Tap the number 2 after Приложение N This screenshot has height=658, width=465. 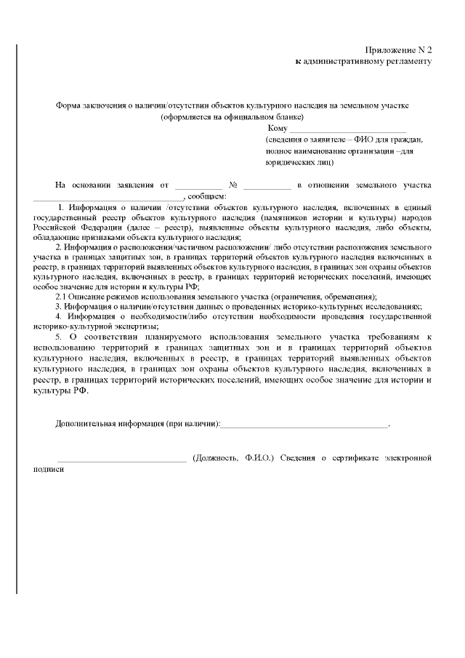429,49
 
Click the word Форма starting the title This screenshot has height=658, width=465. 69,105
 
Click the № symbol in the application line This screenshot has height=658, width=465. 234,185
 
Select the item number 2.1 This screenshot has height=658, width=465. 62,297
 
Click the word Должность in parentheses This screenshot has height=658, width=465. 218,458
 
